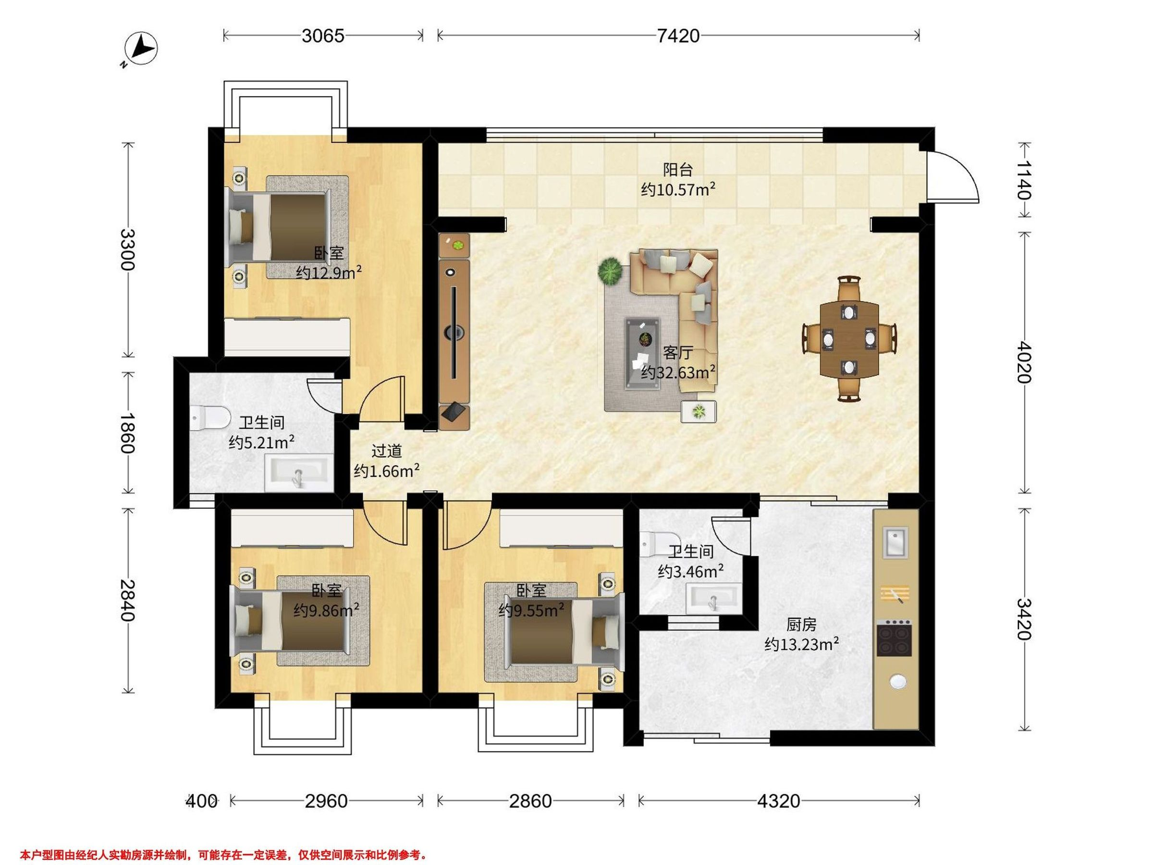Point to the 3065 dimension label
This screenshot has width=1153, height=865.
323,36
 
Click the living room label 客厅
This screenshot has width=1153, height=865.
677,353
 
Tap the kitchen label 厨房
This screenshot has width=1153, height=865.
801,625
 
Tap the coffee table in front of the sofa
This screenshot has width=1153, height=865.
643,354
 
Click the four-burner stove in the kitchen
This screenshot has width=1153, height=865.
894,637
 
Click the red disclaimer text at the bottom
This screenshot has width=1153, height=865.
223,855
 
